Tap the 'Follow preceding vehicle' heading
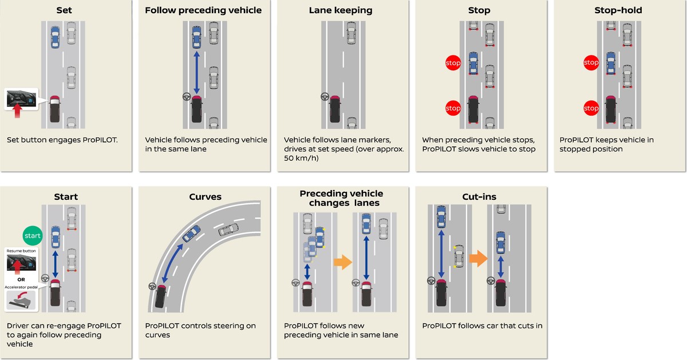[203, 10]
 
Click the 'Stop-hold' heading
[618, 10]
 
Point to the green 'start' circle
[32, 235]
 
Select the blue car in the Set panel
[55, 37]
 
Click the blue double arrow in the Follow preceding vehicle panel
[196, 72]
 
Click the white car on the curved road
[228, 230]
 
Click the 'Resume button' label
[20, 251]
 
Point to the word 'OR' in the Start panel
[20, 280]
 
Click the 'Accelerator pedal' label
[20, 287]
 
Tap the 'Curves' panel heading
[205, 197]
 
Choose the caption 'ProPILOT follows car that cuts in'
[482, 326]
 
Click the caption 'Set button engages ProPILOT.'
[62, 139]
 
